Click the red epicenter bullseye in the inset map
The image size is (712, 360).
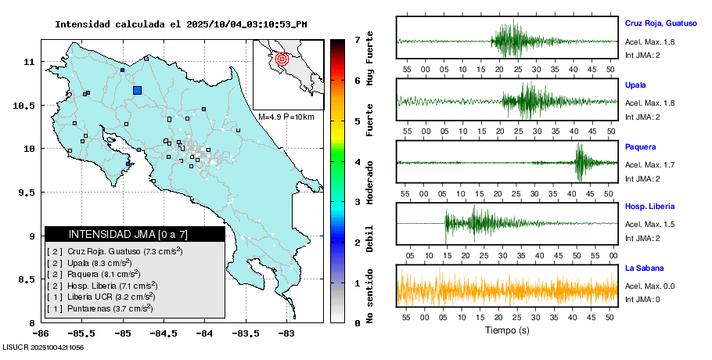(x=283, y=58)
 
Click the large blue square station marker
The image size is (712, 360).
(x=138, y=90)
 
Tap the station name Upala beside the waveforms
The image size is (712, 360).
(x=635, y=85)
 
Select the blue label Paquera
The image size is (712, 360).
(x=640, y=146)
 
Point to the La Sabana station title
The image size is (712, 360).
(x=643, y=268)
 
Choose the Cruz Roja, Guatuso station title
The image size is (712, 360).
(x=660, y=23)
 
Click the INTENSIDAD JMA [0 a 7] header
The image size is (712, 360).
(x=135, y=234)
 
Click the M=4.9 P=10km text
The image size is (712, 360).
(x=286, y=117)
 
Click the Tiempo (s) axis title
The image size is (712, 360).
(x=507, y=331)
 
